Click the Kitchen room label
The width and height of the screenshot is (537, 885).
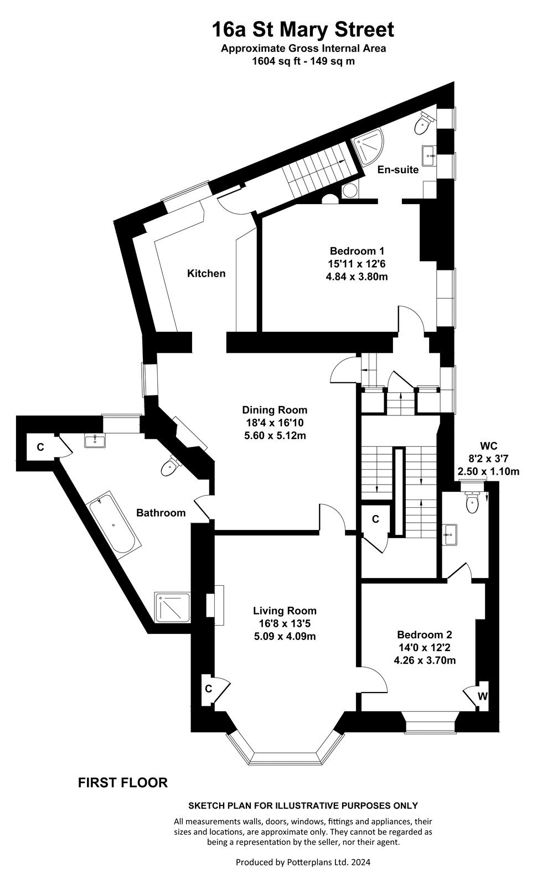click(206, 273)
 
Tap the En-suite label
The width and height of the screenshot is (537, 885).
click(398, 169)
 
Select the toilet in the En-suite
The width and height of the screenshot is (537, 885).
click(424, 123)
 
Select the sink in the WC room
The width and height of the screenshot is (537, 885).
click(449, 534)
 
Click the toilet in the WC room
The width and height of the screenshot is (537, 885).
click(472, 501)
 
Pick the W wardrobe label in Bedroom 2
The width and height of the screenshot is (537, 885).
click(482, 696)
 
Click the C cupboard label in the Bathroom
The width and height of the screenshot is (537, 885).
click(40, 447)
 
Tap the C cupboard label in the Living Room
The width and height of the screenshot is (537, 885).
click(208, 689)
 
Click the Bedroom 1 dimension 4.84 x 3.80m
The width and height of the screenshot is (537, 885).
click(357, 277)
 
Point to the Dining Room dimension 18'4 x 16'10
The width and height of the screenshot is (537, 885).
click(275, 423)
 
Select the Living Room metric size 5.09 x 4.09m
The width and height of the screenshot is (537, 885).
click(285, 637)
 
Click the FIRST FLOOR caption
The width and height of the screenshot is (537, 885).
click(122, 783)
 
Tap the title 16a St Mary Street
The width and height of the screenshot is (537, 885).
click(303, 30)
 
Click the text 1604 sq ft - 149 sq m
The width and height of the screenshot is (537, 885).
click(303, 61)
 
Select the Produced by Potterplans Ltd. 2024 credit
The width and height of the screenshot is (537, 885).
click(303, 862)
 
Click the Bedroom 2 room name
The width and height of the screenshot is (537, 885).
click(424, 635)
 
